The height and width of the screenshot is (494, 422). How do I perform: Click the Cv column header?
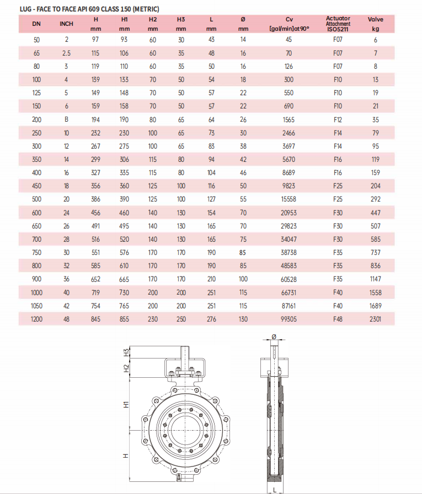[x=289, y=24]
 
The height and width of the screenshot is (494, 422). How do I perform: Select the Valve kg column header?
[x=375, y=24]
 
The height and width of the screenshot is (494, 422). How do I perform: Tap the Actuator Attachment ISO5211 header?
[x=338, y=24]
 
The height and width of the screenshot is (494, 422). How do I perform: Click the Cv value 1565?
[x=289, y=120]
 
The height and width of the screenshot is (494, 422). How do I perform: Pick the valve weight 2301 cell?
[x=375, y=319]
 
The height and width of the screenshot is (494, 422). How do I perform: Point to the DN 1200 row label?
[x=36, y=319]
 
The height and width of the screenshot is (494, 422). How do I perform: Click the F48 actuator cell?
[x=338, y=319]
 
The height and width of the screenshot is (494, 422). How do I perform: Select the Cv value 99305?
[x=289, y=319]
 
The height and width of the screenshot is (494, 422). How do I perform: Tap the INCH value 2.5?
[x=66, y=53]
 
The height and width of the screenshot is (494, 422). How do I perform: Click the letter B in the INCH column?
[x=66, y=120]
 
